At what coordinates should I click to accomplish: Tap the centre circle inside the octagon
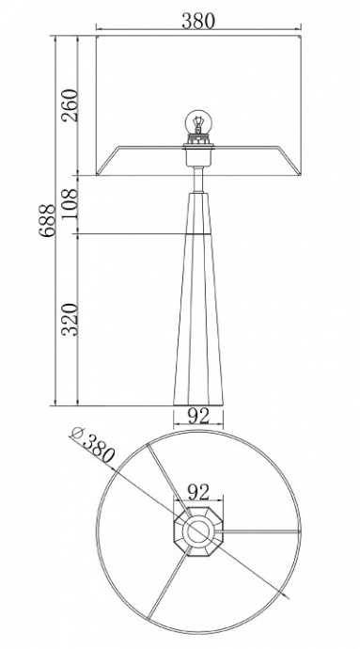point(198,532)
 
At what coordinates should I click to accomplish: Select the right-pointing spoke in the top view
point(258,532)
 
